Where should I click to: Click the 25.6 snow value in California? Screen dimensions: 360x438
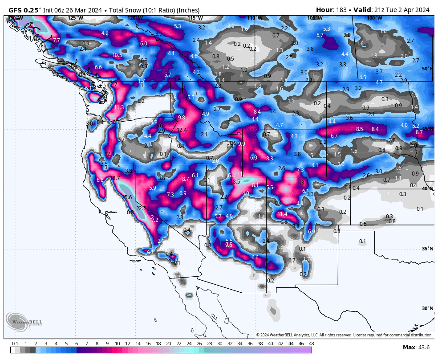click(127, 197)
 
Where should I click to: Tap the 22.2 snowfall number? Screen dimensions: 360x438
click(141, 209)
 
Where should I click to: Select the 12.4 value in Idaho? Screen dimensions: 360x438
click(182, 130)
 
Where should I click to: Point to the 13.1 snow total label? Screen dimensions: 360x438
click(304, 183)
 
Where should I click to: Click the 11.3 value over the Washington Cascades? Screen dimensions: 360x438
click(119, 107)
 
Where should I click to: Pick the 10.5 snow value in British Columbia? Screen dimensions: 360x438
click(117, 55)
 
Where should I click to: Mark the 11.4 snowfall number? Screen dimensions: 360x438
click(282, 214)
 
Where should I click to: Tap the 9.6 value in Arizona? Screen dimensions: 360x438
click(229, 245)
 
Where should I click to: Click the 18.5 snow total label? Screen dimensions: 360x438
click(235, 182)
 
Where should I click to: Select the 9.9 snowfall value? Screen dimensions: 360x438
click(242, 144)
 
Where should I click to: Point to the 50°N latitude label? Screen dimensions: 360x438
click(427, 69)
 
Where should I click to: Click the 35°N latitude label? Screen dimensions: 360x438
click(427, 249)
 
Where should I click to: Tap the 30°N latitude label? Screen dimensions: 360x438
click(427, 308)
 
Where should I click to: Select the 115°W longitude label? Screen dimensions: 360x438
click(195, 18)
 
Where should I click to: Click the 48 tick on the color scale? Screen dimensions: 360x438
click(311, 344)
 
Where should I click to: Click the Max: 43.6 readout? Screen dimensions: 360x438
click(416, 347)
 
